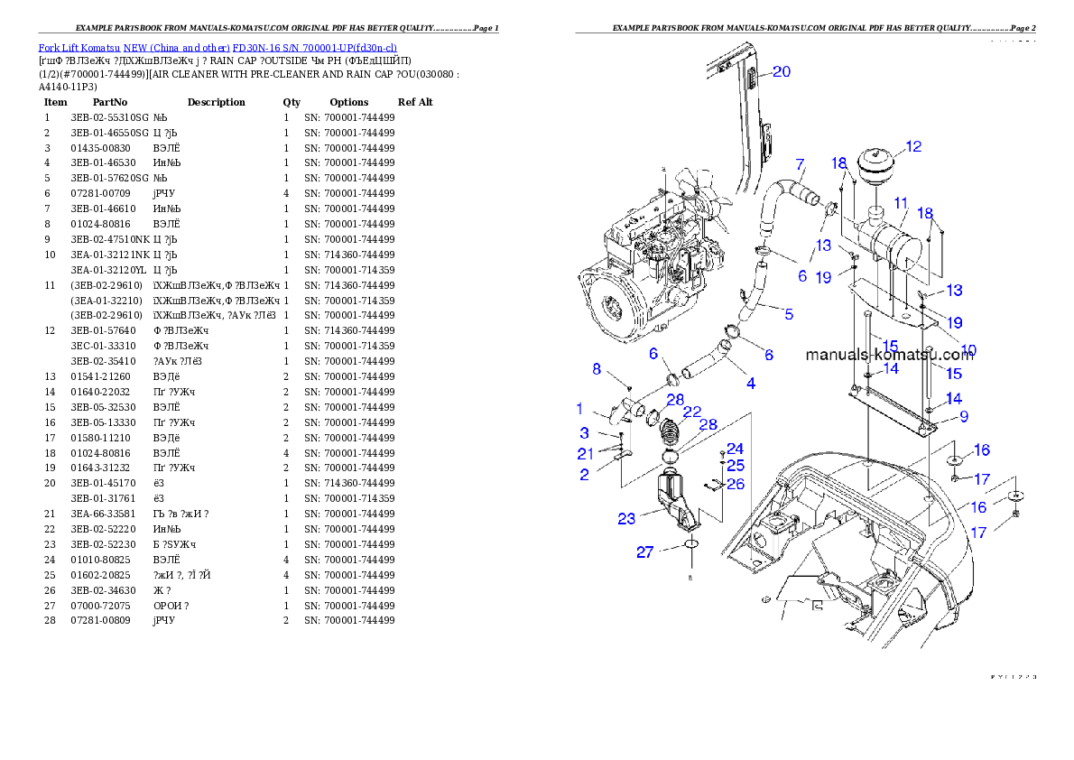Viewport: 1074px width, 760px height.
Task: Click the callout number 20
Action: [781, 72]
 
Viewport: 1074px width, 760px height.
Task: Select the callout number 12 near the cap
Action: [913, 146]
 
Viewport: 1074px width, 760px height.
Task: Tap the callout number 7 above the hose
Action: [799, 164]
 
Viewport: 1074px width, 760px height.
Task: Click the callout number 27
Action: [644, 551]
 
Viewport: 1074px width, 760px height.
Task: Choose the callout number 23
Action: [626, 518]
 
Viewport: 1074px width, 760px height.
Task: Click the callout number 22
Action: [692, 412]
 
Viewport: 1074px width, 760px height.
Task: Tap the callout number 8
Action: [596, 368]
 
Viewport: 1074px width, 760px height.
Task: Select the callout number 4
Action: [750, 384]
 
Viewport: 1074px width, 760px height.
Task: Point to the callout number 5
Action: [788, 314]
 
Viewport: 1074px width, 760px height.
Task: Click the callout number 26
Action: [736, 485]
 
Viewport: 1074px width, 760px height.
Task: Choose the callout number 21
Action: [586, 453]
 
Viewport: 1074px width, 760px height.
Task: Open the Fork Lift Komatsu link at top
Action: [218, 47]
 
